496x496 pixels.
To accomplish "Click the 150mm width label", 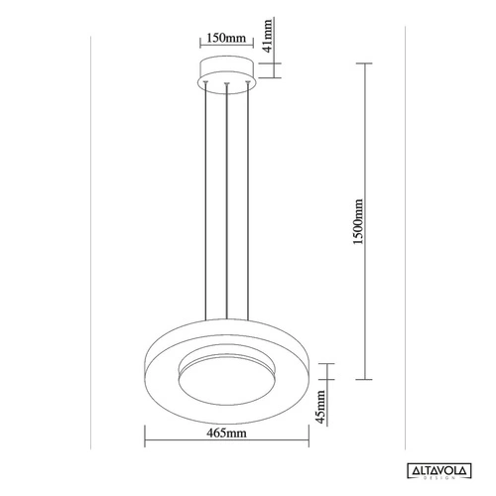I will [227, 40].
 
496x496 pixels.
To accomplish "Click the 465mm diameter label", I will [227, 434].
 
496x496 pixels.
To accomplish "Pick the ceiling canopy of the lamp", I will [227, 72].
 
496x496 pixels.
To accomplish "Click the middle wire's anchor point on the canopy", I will [227, 85].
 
